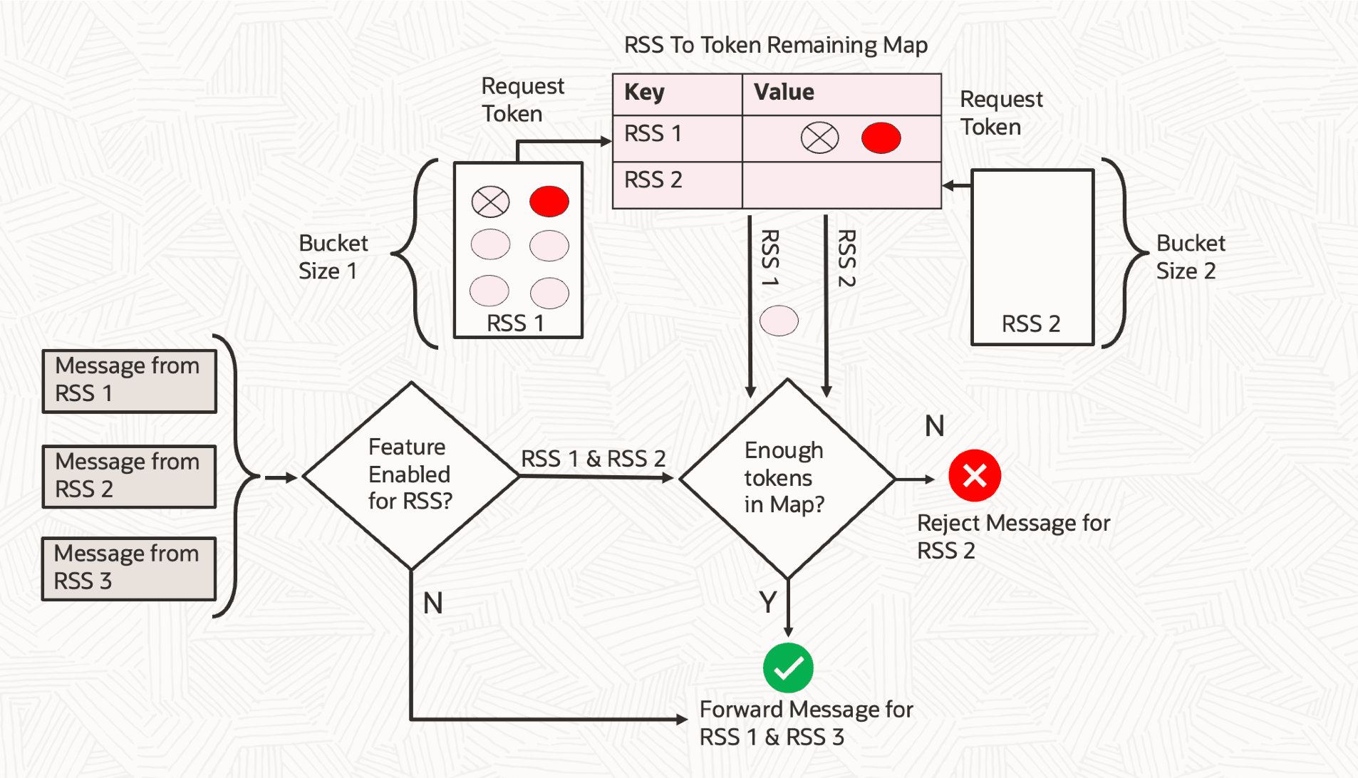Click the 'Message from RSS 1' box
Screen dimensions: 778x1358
129,380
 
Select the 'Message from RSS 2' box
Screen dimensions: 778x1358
129,476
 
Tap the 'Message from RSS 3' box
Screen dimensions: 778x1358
129,569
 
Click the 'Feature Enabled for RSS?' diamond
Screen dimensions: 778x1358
411,475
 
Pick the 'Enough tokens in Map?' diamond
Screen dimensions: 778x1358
787,477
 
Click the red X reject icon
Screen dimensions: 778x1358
974,475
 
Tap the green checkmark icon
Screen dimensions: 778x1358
788,668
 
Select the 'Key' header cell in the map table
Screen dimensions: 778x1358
677,93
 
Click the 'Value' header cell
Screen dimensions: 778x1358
841,93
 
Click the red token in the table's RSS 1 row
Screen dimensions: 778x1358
881,138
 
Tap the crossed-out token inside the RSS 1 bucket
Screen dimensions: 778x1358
490,202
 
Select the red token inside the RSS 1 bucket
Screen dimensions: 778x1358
549,202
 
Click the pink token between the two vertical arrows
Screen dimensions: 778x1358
779,321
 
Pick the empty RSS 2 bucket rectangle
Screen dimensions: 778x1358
1032,256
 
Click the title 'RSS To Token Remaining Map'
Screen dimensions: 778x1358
775,45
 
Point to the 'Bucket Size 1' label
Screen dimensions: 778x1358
333,256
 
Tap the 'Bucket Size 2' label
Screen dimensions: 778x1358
1190,256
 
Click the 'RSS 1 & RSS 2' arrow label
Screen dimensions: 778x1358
593,458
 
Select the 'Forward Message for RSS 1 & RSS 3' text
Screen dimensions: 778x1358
805,722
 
